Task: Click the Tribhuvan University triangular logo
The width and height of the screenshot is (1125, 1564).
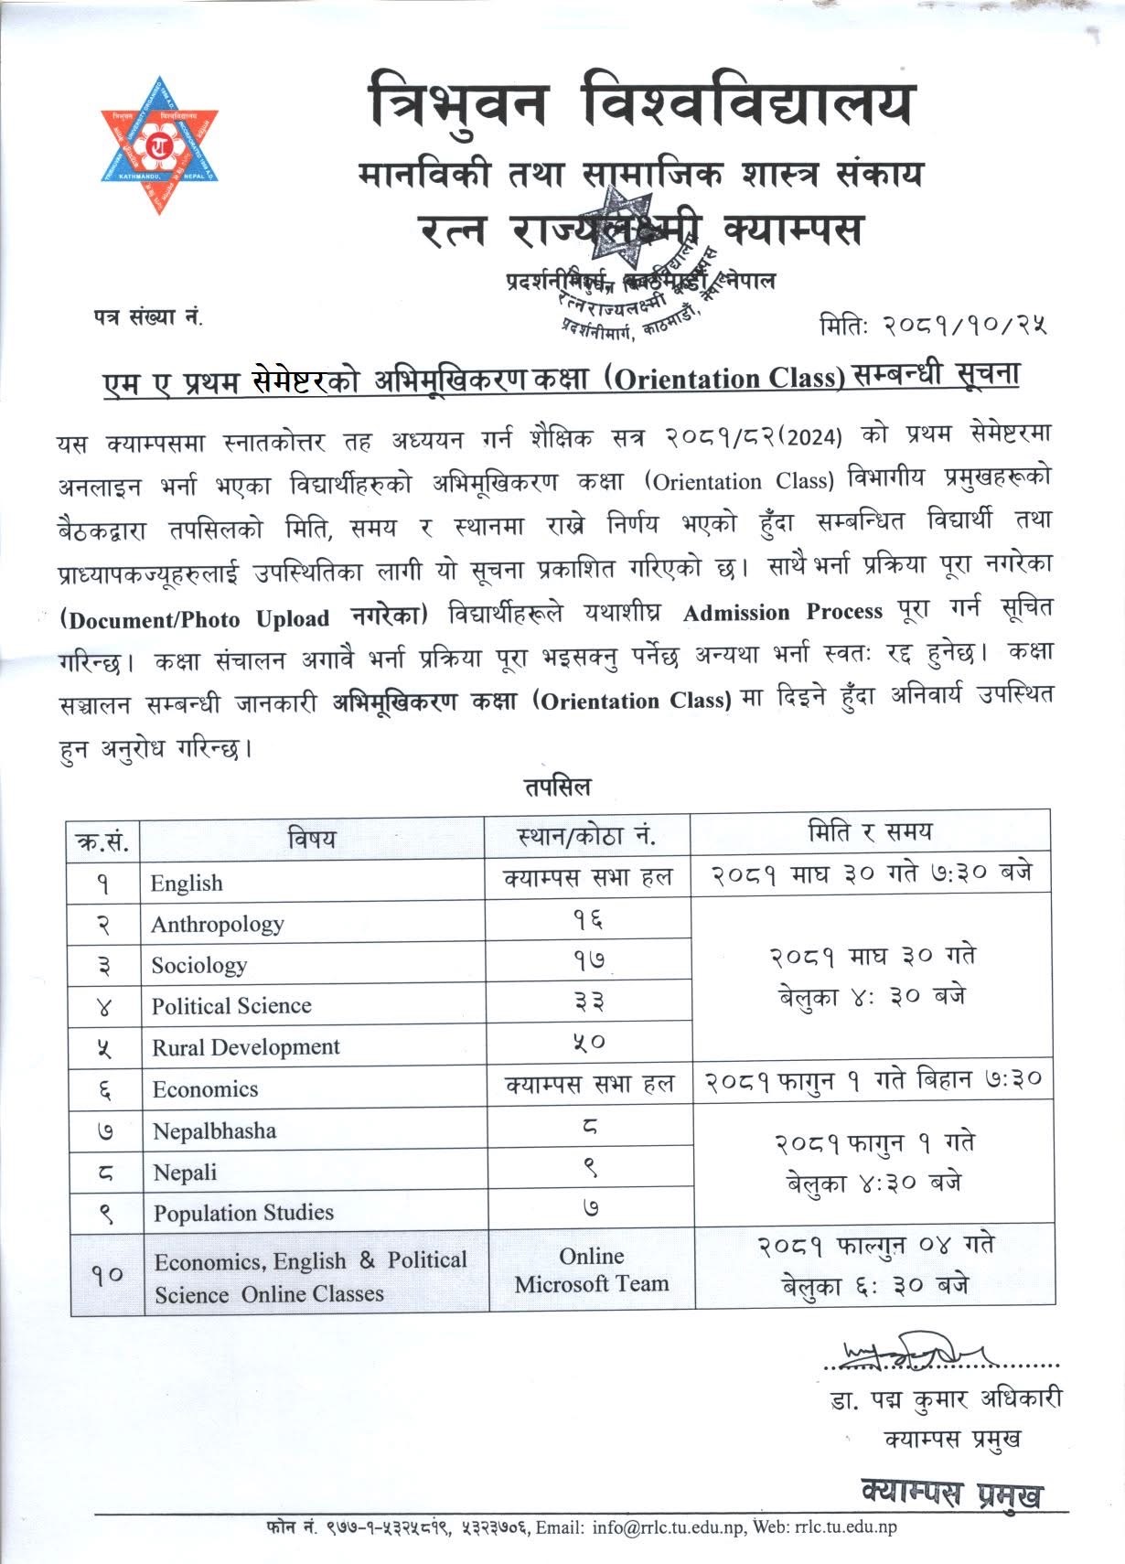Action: pos(160,145)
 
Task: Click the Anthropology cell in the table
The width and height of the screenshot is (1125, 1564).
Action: pos(218,925)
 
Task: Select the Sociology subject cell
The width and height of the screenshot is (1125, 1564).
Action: pos(199,966)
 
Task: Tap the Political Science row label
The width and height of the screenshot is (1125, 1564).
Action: pos(231,1006)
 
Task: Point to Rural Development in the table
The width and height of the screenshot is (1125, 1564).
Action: pos(246,1047)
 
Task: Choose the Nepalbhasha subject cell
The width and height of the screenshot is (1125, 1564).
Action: pos(214,1131)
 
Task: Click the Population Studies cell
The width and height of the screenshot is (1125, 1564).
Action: pos(243,1213)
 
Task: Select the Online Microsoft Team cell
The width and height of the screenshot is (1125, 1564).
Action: pos(592,1270)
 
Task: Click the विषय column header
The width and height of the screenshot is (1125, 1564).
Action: pos(312,838)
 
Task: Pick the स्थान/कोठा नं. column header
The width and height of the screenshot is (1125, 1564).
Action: pos(587,836)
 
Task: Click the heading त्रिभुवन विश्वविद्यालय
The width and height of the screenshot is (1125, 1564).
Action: pos(640,103)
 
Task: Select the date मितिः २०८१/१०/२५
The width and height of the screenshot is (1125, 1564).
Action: pos(933,324)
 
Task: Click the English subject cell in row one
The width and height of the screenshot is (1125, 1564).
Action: pos(187,884)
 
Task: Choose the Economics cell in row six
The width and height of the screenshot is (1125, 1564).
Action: pos(205,1089)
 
